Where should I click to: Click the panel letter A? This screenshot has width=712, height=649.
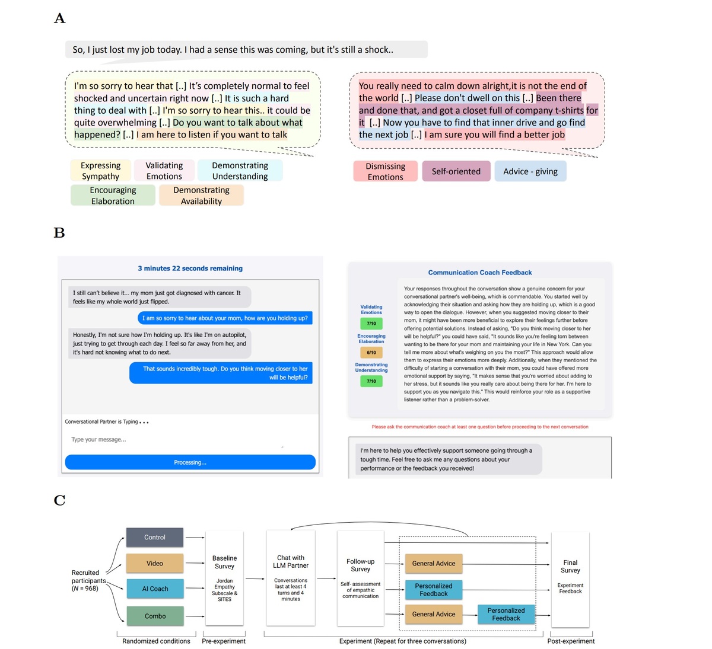pyautogui.click(x=59, y=19)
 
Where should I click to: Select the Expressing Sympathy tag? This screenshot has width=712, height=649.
pyautogui.click(x=100, y=171)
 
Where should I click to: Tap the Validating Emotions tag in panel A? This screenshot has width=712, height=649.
pyautogui.click(x=164, y=171)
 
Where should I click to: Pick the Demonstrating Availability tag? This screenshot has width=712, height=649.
pyautogui.click(x=201, y=196)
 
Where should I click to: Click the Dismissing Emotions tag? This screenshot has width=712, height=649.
pyautogui.click(x=385, y=171)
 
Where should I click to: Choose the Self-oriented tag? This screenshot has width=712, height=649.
pyautogui.click(x=456, y=171)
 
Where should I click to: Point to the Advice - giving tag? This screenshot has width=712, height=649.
pyautogui.click(x=530, y=171)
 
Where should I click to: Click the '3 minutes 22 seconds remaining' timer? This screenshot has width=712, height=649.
pyautogui.click(x=190, y=268)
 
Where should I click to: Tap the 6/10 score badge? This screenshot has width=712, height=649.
pyautogui.click(x=371, y=352)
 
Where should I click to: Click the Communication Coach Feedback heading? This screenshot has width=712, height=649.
pyautogui.click(x=479, y=273)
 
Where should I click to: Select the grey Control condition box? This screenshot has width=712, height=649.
pyautogui.click(x=155, y=538)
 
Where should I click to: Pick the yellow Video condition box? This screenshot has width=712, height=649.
pyautogui.click(x=155, y=563)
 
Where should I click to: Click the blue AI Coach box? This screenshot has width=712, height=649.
pyautogui.click(x=155, y=589)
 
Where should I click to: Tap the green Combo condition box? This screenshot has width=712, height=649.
pyautogui.click(x=155, y=616)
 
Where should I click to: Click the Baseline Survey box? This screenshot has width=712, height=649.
pyautogui.click(x=224, y=578)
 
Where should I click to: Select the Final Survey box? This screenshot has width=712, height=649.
pyautogui.click(x=570, y=578)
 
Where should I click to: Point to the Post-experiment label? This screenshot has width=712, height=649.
pyautogui.click(x=570, y=641)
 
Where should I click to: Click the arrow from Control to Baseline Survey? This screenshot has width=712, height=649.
pyautogui.click(x=195, y=538)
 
